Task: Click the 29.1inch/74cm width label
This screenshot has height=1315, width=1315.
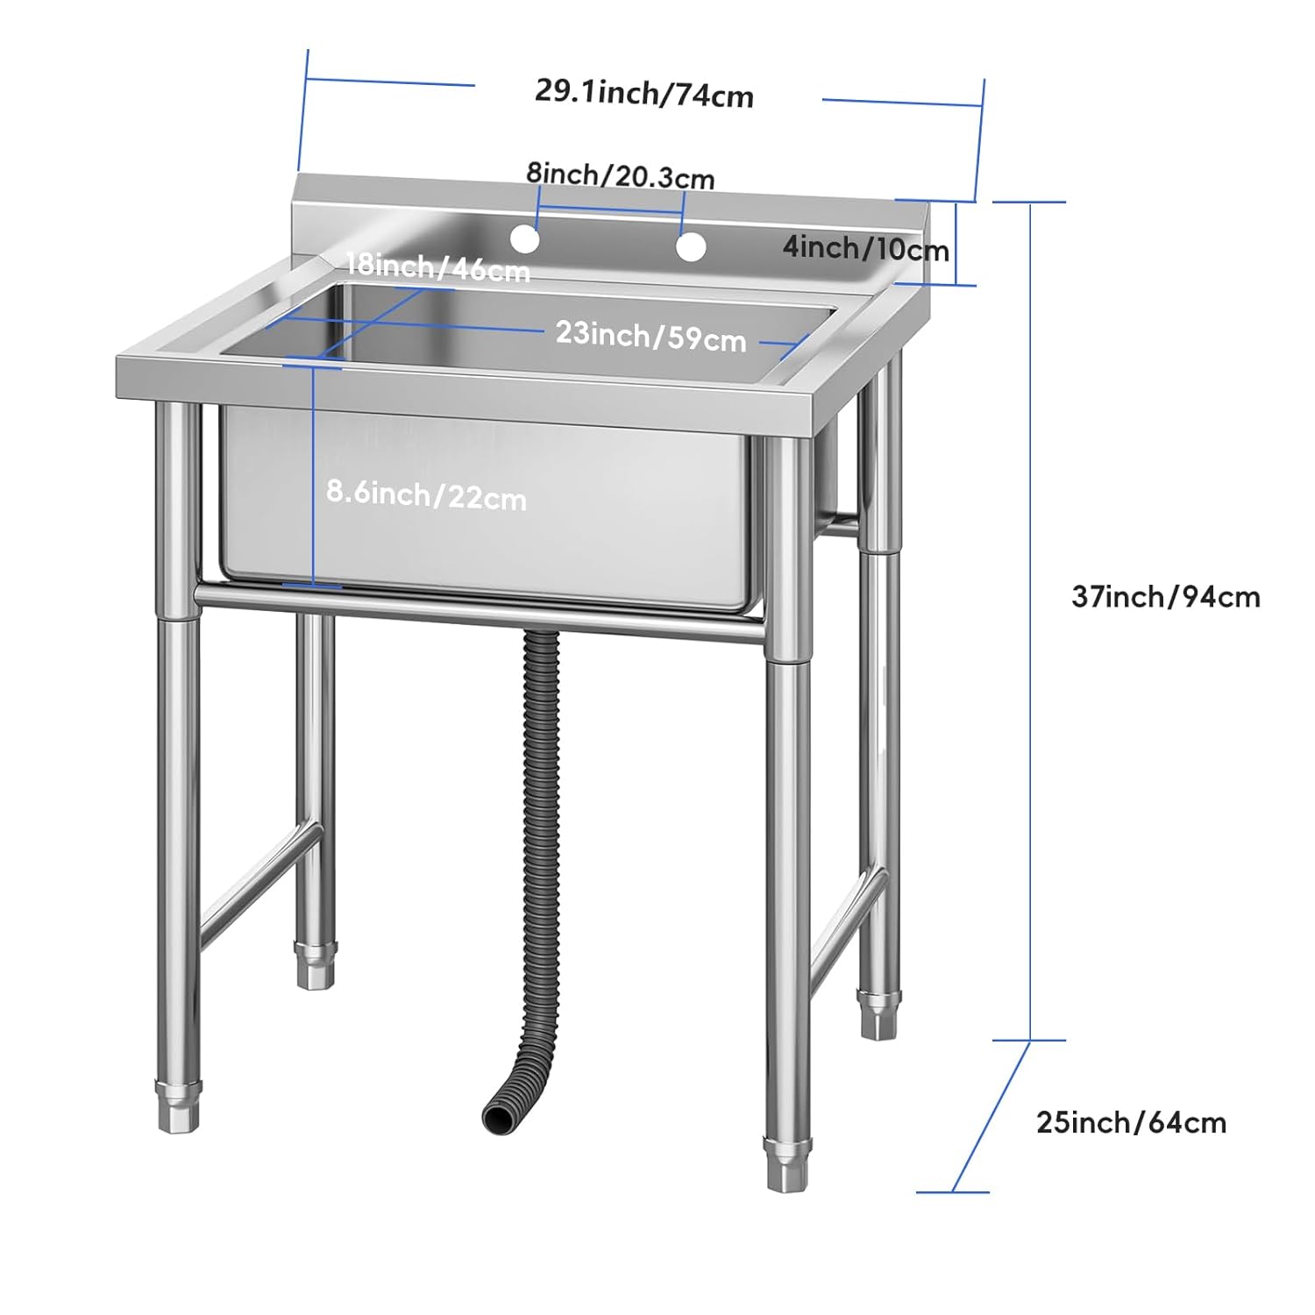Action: (x=644, y=93)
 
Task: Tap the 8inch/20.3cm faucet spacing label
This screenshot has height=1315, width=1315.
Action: (x=621, y=174)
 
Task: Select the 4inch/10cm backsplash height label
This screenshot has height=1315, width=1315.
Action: (x=866, y=248)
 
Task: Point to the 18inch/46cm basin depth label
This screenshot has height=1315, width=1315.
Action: (x=437, y=267)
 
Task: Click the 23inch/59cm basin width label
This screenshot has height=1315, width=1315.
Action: (x=651, y=336)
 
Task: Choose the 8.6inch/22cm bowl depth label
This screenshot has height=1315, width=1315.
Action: (x=427, y=495)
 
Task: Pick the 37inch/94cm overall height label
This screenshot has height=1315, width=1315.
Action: (x=1166, y=597)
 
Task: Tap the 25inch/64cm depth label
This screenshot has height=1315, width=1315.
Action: (x=1131, y=1122)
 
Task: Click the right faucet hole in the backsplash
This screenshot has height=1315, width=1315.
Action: (x=691, y=247)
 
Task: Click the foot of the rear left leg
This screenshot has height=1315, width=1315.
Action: (x=316, y=964)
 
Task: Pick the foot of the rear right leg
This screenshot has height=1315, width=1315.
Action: (x=879, y=1014)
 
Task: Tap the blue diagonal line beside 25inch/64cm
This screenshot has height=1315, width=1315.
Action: (x=991, y=1116)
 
